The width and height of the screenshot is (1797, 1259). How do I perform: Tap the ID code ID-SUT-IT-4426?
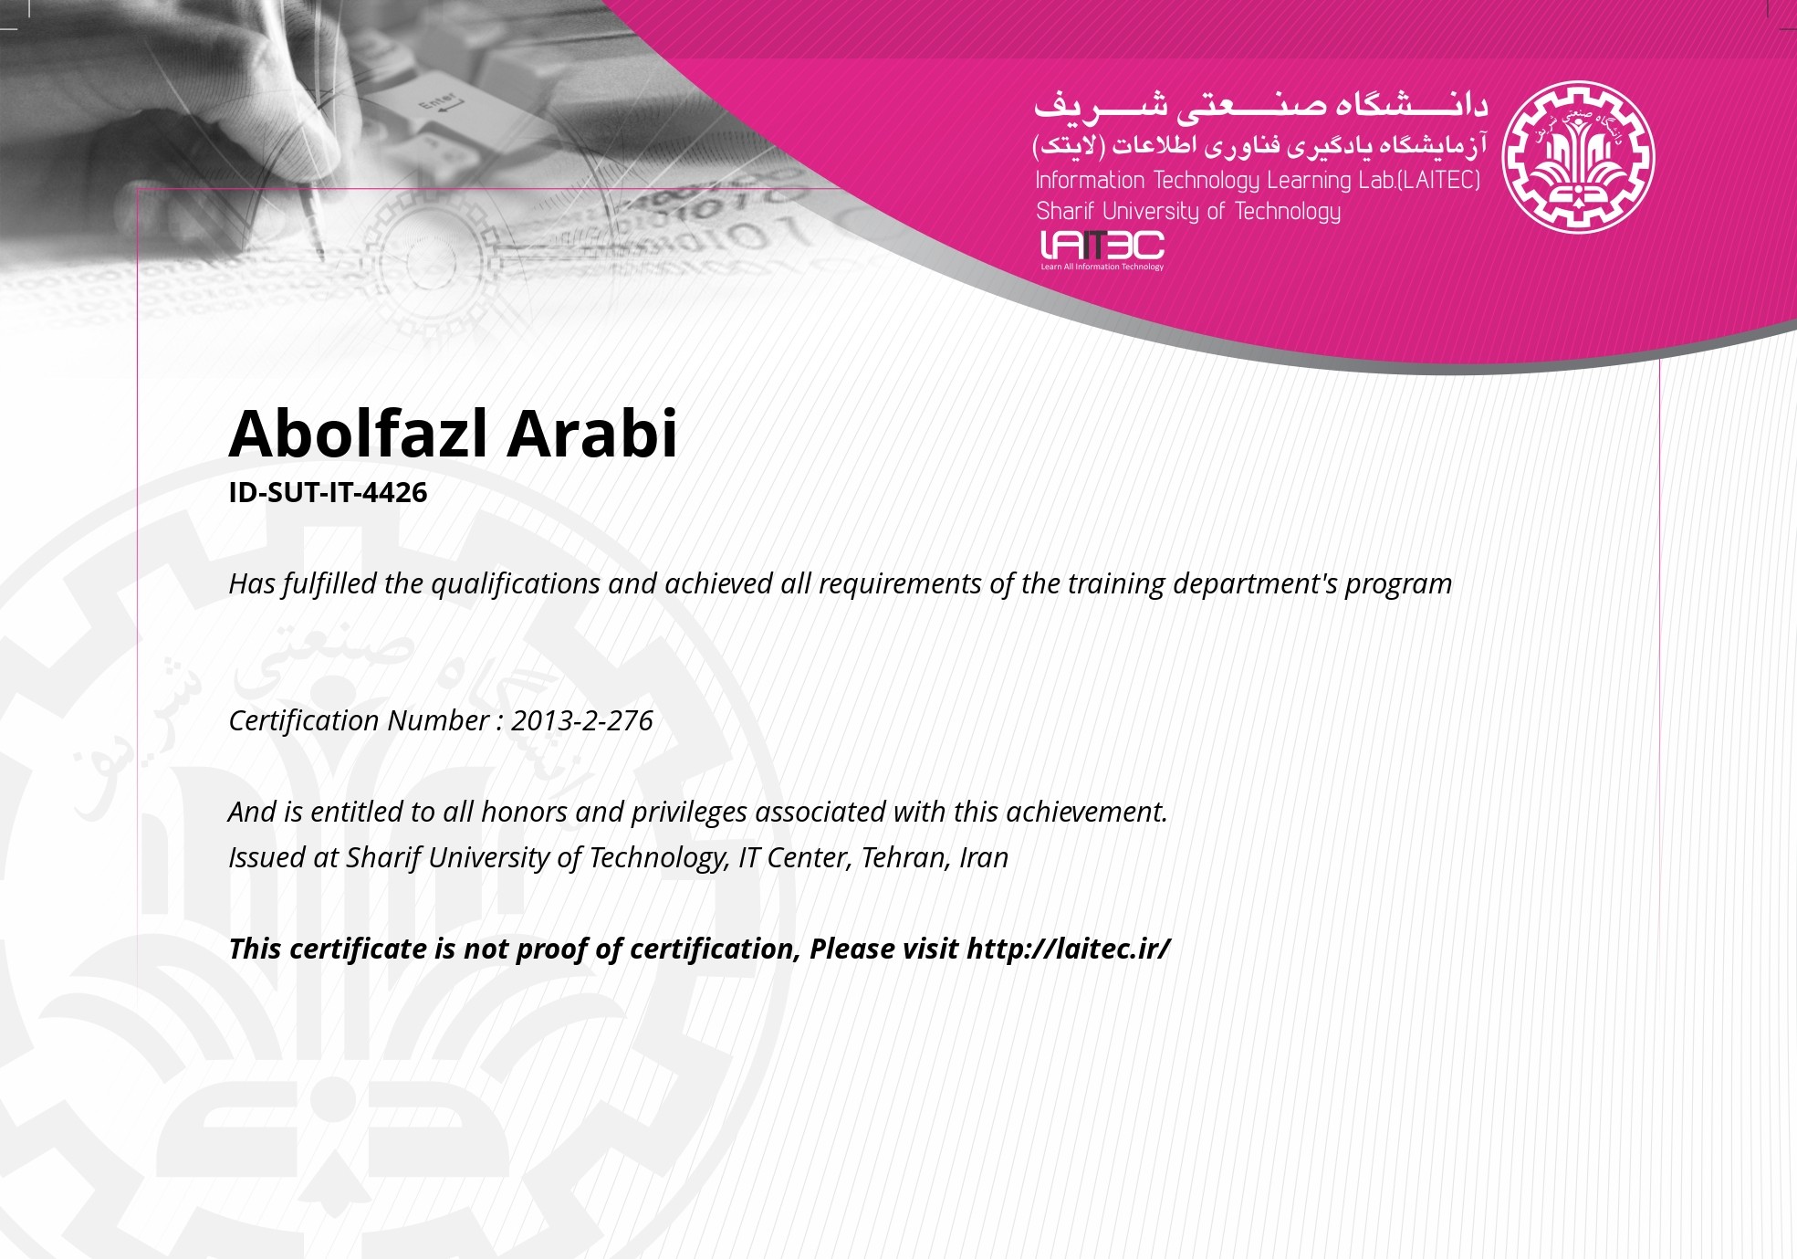click(x=328, y=492)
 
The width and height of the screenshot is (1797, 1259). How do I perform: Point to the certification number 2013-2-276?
click(x=582, y=720)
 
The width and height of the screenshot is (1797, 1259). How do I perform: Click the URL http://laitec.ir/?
click(x=1068, y=949)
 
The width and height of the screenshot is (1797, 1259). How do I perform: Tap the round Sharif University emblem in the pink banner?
click(x=1578, y=157)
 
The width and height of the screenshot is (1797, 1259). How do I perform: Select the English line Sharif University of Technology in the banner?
click(x=1188, y=212)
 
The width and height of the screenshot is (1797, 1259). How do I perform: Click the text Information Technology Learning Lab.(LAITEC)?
click(x=1258, y=180)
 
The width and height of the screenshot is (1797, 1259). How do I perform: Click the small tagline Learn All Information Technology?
click(x=1102, y=267)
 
